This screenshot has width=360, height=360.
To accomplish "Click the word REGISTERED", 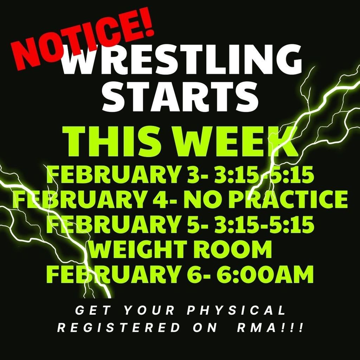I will [120, 328].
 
